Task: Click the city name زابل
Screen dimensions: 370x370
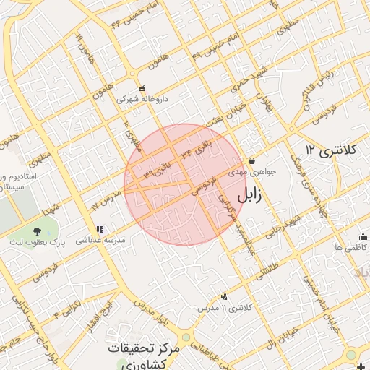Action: pos(249,194)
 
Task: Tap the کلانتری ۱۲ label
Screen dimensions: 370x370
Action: pos(331,150)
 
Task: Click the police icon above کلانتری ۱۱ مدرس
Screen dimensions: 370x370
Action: pos(224,296)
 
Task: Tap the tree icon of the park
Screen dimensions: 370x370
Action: pos(37,231)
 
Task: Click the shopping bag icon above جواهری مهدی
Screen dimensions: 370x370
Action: pos(251,160)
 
